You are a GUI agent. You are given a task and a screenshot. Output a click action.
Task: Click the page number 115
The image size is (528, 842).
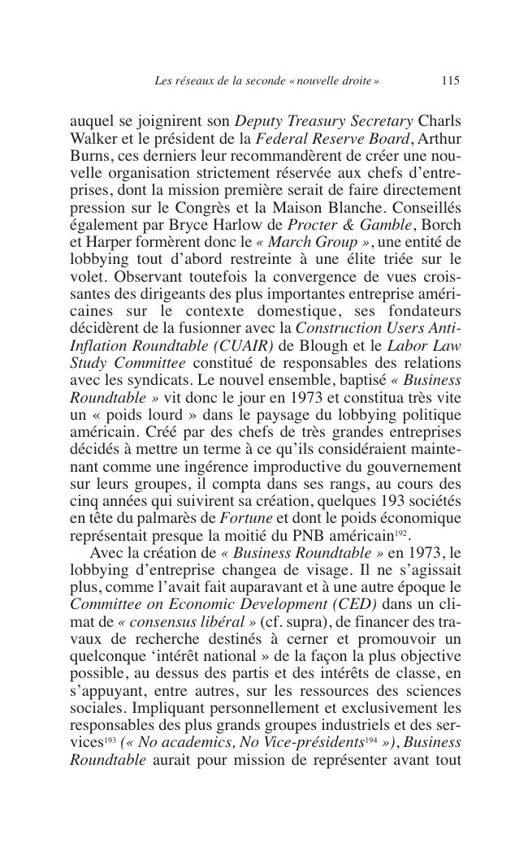click(x=451, y=80)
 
